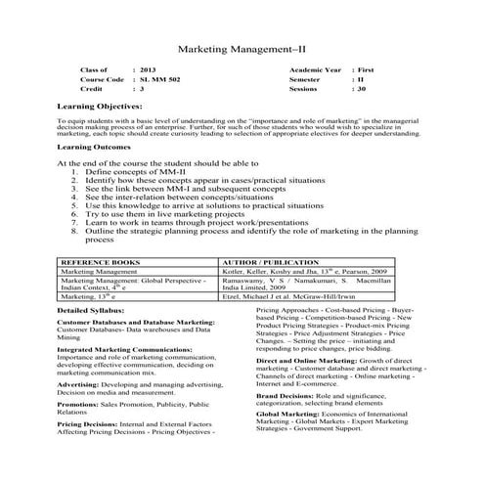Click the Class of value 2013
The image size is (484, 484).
click(148, 70)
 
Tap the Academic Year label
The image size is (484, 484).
click(315, 70)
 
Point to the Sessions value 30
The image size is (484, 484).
click(361, 88)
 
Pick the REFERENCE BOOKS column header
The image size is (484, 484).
click(100, 264)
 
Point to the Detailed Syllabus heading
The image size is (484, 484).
click(93, 311)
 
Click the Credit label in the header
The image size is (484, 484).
click(92, 88)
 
